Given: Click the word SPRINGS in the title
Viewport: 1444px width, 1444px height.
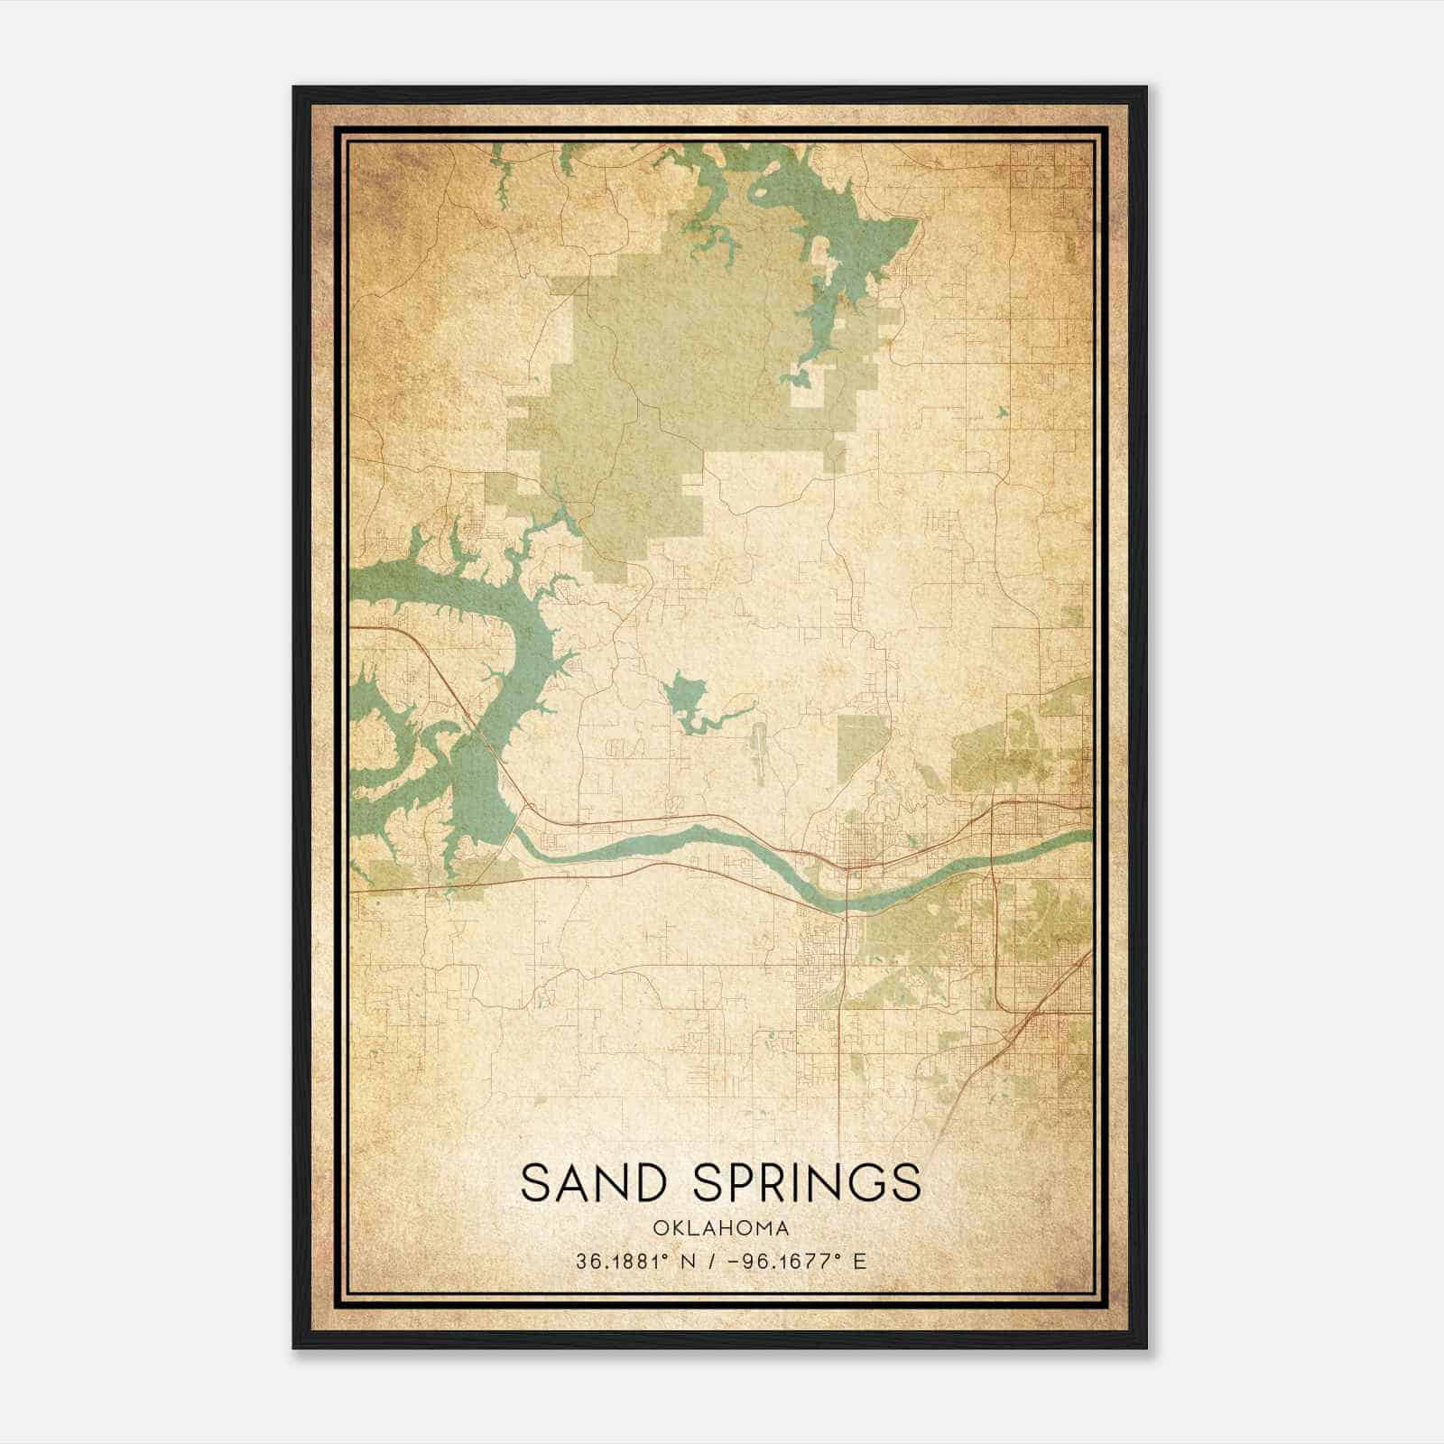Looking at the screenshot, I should pos(807,1182).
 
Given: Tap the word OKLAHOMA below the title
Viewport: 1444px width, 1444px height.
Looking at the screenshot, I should pos(721,1228).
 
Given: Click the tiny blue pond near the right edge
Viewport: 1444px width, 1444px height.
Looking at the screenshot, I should pos(1002,412).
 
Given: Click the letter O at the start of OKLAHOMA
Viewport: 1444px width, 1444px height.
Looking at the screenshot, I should pos(659,1228).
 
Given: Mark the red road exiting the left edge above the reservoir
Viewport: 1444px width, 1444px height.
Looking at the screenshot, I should pos(361,625).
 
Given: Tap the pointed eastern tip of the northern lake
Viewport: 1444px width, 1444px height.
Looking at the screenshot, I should pos(916,219).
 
